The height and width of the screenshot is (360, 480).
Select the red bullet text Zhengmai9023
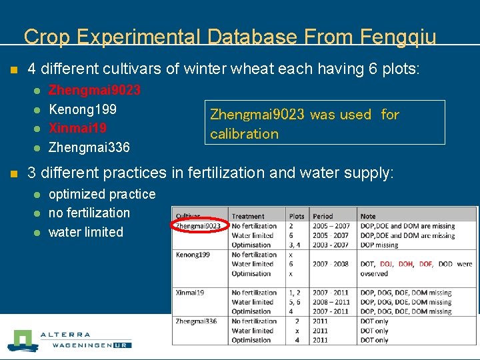[x=94, y=89]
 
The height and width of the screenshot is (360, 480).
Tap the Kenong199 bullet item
[x=82, y=109]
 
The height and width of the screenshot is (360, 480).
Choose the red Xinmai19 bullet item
[x=77, y=127]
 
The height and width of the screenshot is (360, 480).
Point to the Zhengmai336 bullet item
[x=89, y=147]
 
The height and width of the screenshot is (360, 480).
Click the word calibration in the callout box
[x=244, y=134]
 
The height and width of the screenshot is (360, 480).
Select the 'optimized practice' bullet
[x=102, y=194]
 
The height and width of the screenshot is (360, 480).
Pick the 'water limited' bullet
[x=86, y=232]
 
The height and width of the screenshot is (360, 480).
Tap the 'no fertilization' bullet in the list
[x=89, y=213]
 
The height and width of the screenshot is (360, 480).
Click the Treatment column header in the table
[x=248, y=216]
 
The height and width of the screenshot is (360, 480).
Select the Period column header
[x=323, y=216]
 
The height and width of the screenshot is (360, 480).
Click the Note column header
[x=368, y=216]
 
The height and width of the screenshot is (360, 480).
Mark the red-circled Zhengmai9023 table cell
[x=198, y=226]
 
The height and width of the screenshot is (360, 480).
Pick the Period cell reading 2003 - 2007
[x=331, y=245]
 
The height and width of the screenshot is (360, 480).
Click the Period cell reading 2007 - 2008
[x=331, y=264]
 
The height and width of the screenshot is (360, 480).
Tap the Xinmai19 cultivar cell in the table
[x=190, y=293]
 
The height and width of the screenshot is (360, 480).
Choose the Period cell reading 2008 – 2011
[x=331, y=302]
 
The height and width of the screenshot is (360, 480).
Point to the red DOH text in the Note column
[x=405, y=264]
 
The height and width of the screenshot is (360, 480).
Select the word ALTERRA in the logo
[x=65, y=335]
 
